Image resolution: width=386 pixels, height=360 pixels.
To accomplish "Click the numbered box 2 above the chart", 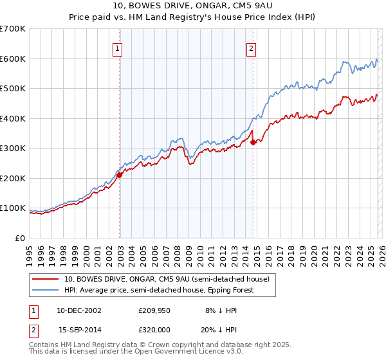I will pos(251,48).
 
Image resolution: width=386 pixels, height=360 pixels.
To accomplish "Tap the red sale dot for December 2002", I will pos(120,175).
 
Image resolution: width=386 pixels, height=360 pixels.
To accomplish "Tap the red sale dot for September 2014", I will pos(253,142).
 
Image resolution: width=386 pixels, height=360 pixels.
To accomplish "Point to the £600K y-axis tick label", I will pos(13,59).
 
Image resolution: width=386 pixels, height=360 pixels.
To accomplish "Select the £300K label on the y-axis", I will pos(13,148).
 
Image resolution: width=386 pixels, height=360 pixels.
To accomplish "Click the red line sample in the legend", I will pos(46,279).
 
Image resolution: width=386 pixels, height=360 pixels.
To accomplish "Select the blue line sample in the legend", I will pos(46,290).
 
